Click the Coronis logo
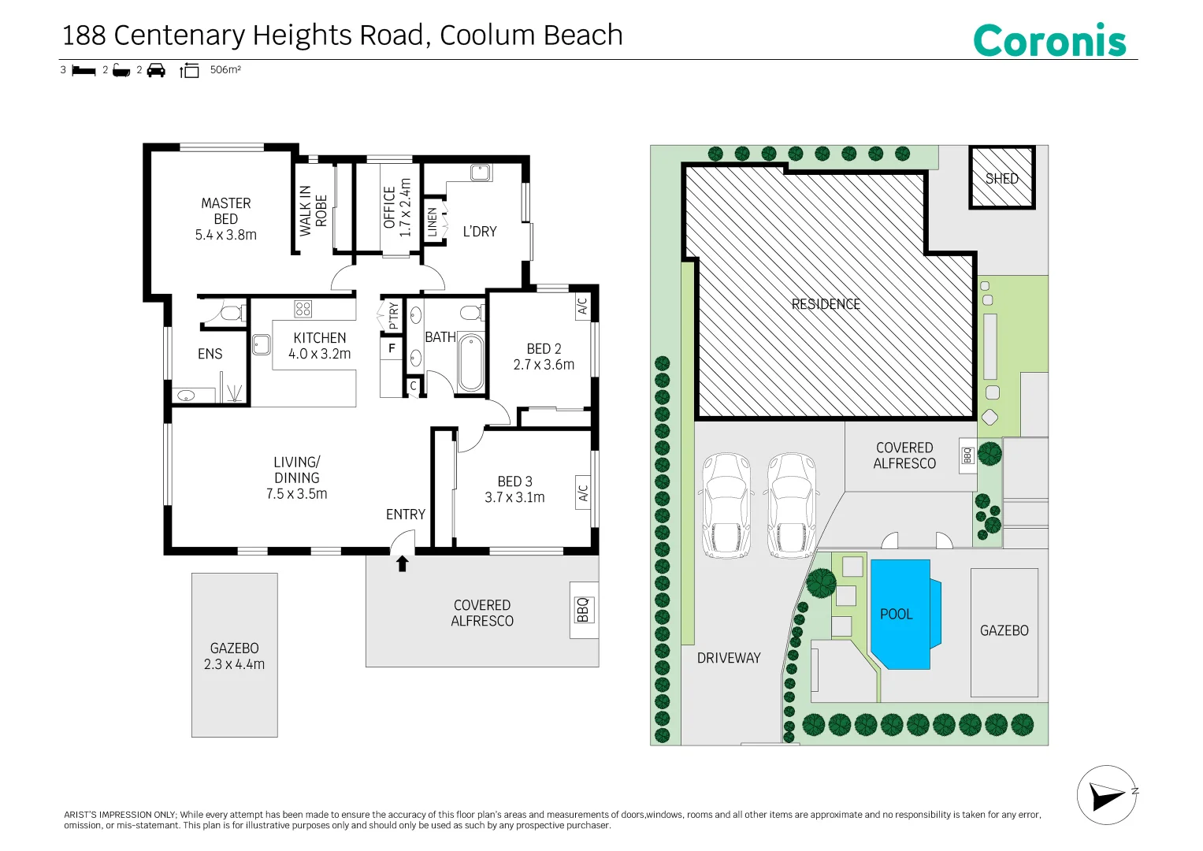coord(1049,40)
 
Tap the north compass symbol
coord(1107,795)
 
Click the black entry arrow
coord(402,563)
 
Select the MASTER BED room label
coord(225,218)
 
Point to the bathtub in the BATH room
coord(470,362)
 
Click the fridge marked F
coord(392,347)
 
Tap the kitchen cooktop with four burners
coord(303,308)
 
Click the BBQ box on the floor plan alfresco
coord(582,610)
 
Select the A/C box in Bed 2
coord(582,307)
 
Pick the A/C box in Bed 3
coord(583,492)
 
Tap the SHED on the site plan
coord(1001,178)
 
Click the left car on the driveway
coord(726,505)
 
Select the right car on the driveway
coord(792,505)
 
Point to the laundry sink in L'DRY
coord(480,172)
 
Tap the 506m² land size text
coord(225,70)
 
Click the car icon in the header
coord(156,70)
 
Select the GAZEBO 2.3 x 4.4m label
coord(234,656)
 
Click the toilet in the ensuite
coord(229,313)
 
